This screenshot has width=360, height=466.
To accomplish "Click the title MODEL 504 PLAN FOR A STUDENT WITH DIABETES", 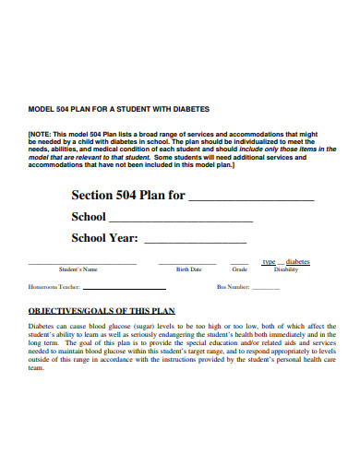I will pos(107,109).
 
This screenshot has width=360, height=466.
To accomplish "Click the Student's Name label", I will pos(78,269).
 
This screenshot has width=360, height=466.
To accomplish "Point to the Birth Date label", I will pos(189,269).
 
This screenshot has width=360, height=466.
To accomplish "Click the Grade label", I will pos(240,269).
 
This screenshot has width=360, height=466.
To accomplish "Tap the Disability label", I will pos(286,269).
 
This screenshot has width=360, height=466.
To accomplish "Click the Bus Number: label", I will pos(234,287).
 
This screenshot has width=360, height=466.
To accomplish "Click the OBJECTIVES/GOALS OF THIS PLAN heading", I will pos(101,311).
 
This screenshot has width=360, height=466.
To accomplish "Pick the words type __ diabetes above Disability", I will pos(286,262).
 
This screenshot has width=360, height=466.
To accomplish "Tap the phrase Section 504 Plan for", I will pos(128,196).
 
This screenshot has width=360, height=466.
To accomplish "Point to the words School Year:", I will pos(104,238).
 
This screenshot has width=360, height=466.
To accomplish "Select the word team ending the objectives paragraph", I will pos(36,368).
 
